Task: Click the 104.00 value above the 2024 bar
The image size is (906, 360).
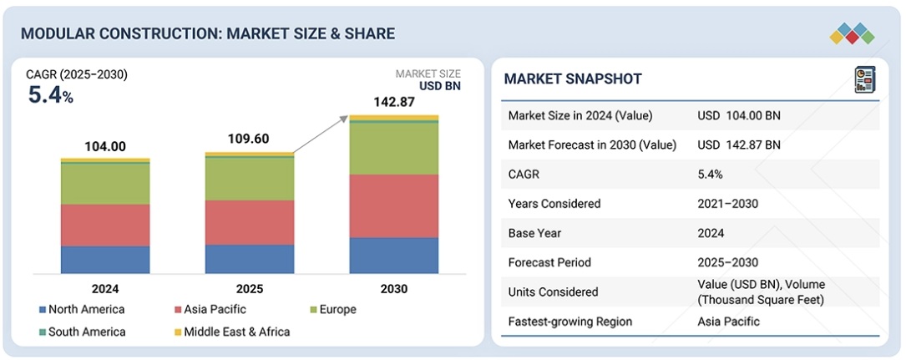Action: pos(105,147)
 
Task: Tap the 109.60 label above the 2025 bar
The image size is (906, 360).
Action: pos(249,139)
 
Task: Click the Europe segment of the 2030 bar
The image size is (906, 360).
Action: pos(393,148)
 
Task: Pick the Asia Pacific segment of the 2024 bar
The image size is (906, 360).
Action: pos(105,225)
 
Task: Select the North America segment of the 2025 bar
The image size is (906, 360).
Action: pos(249,258)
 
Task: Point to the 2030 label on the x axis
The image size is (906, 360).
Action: pos(393,289)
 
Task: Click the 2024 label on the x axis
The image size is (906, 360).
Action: pos(105,289)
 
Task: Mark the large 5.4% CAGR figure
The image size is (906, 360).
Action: pos(50,95)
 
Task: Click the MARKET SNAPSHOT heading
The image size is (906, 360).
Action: pos(573,79)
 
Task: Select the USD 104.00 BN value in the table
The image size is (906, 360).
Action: pos(739,116)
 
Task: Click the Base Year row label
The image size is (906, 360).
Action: pos(534,233)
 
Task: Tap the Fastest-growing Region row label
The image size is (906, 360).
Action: pos(570,322)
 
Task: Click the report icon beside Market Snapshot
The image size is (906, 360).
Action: pos(863,80)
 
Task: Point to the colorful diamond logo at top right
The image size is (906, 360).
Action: pos(852,34)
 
